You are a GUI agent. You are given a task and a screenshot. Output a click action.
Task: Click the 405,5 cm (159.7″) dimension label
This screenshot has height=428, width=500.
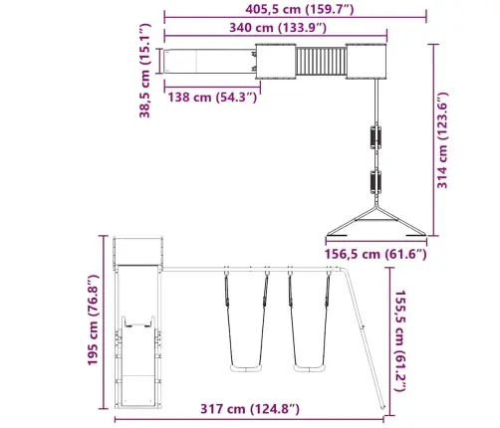[x=300, y=9]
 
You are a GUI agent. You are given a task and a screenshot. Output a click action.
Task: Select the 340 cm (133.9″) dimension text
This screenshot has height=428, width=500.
[x=278, y=28]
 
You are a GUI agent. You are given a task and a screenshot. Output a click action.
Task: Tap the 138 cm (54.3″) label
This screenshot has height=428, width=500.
[x=212, y=98]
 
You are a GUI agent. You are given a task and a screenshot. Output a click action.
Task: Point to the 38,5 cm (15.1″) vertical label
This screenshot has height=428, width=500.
[x=145, y=71]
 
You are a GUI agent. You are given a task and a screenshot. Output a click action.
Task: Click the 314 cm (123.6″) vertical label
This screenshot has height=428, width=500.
[x=442, y=140]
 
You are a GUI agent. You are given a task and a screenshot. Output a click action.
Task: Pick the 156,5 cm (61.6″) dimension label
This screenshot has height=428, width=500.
[x=375, y=254]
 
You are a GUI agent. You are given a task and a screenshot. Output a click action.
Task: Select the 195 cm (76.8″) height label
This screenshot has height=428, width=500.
[x=93, y=321]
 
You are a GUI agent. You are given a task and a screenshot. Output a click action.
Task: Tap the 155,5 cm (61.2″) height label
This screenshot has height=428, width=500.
[x=400, y=340]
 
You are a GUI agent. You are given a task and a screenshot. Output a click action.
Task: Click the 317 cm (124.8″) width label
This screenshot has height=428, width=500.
[x=250, y=409]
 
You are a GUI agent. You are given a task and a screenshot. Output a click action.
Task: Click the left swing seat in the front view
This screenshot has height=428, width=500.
[x=246, y=368]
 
